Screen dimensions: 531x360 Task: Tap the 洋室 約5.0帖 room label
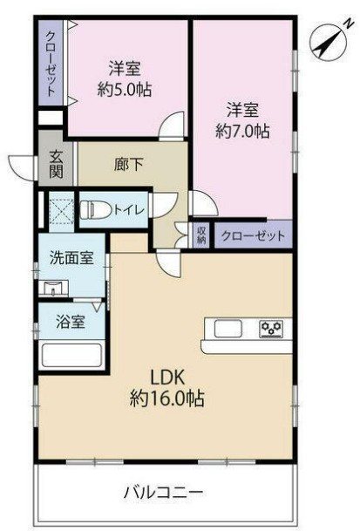click(x=126, y=78)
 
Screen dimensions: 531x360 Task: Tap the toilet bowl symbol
click(x=94, y=209)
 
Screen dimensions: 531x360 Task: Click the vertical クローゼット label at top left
click(x=51, y=64)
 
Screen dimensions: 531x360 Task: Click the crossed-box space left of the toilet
click(x=62, y=210)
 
